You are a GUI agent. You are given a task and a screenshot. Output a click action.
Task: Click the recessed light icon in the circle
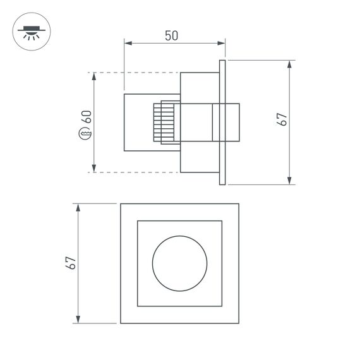coord(29,32)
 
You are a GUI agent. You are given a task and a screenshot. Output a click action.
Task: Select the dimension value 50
coord(171,35)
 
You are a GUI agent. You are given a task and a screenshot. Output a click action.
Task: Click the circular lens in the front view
coord(179,263)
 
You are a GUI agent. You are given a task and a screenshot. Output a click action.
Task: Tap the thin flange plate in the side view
coord(222,123)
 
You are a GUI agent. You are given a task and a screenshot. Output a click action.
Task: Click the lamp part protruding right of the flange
coord(233,123)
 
